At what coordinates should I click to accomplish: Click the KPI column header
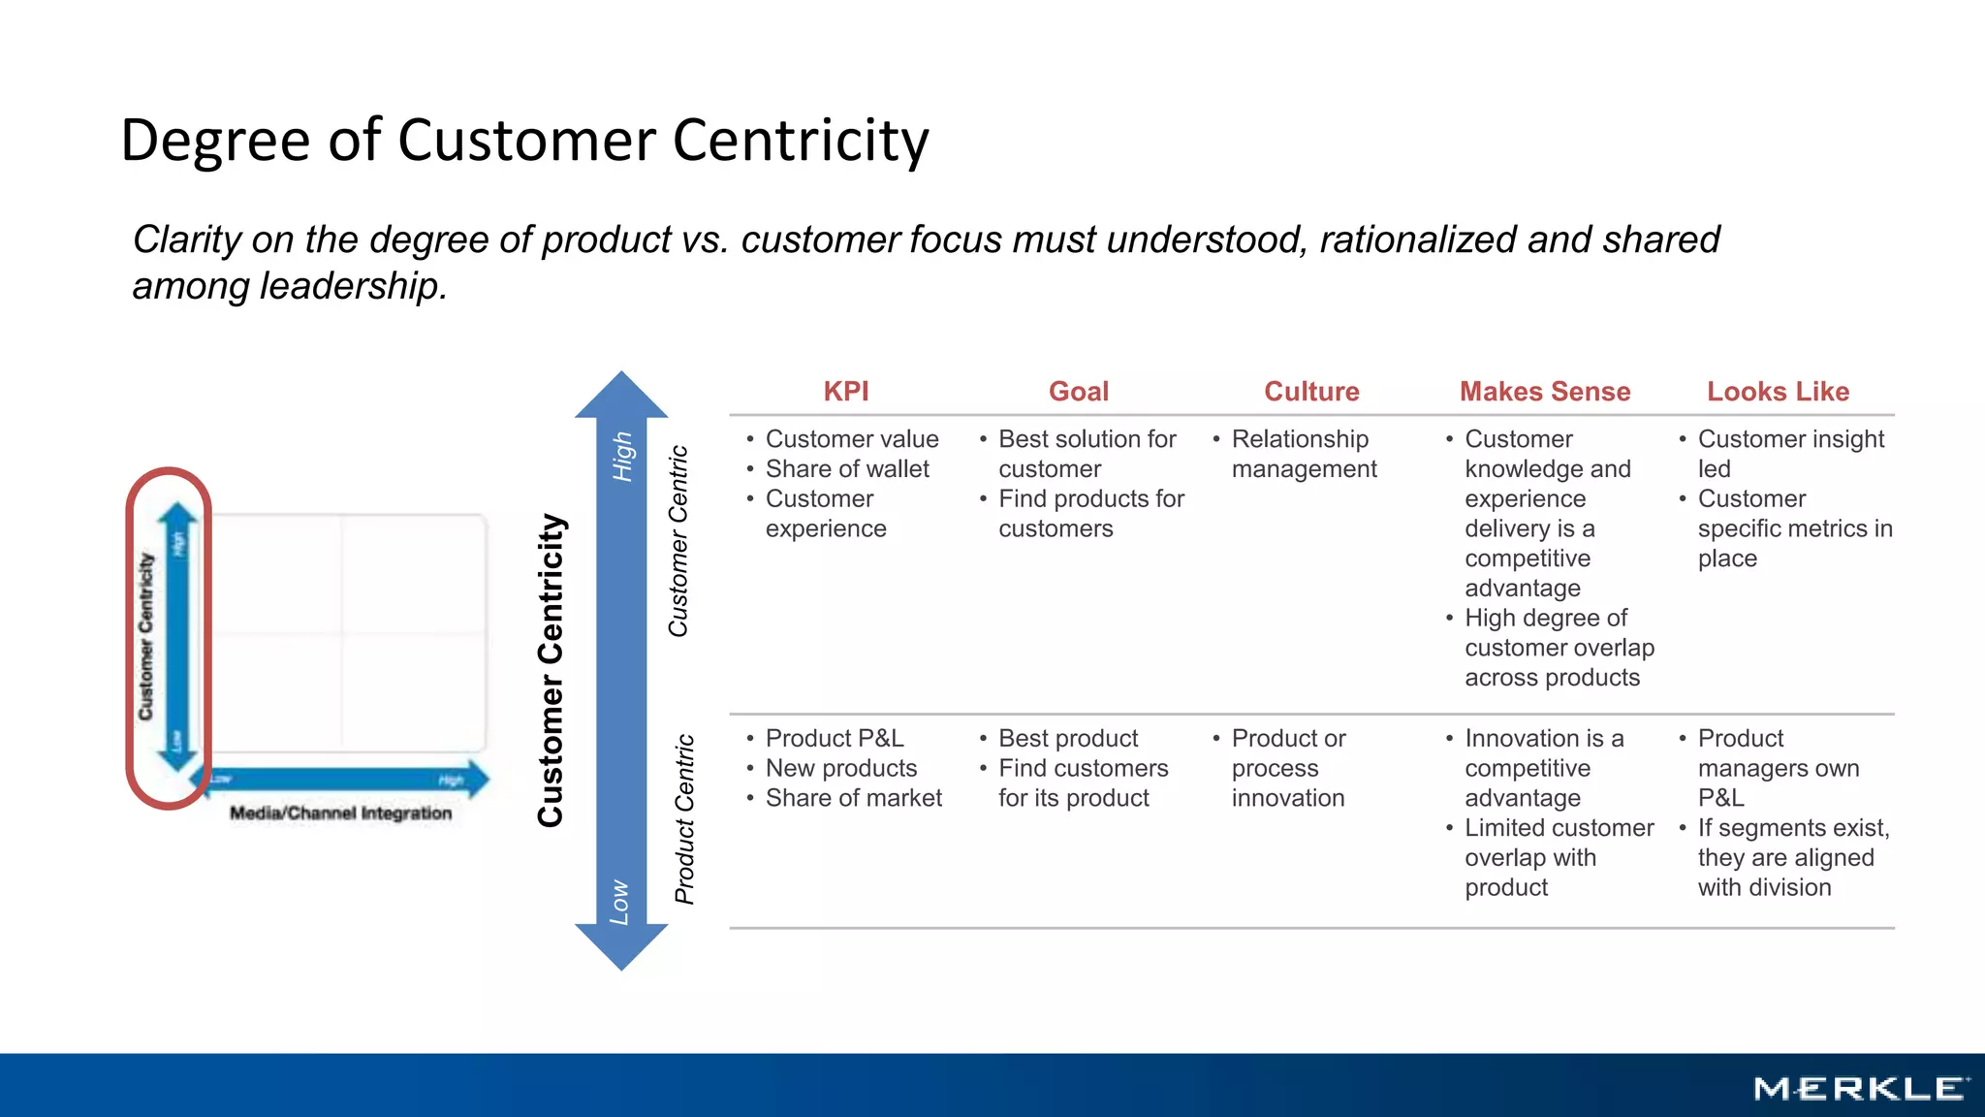pyautogui.click(x=845, y=392)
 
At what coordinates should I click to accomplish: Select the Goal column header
pyautogui.click(x=1078, y=392)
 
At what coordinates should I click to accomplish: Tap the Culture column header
pyautogui.click(x=1311, y=392)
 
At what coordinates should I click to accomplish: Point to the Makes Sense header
pyautogui.click(x=1544, y=392)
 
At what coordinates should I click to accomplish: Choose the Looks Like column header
pyautogui.click(x=1778, y=392)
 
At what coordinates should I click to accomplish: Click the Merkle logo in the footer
pyautogui.click(x=1860, y=1089)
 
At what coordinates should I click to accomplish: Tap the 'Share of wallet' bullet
pyautogui.click(x=846, y=469)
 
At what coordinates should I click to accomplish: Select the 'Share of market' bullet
pyautogui.click(x=853, y=798)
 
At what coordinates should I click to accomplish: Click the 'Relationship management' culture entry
pyautogui.click(x=1303, y=454)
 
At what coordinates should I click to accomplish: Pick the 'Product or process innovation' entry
pyautogui.click(x=1288, y=768)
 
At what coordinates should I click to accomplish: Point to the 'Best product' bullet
pyautogui.click(x=1068, y=739)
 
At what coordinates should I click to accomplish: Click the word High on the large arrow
pyautogui.click(x=622, y=457)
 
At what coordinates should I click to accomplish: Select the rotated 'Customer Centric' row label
pyautogui.click(x=678, y=541)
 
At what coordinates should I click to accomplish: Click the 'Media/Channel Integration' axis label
pyautogui.click(x=340, y=814)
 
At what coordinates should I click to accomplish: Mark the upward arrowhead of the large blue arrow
pyautogui.click(x=621, y=396)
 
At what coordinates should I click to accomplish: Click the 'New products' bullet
pyautogui.click(x=840, y=769)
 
